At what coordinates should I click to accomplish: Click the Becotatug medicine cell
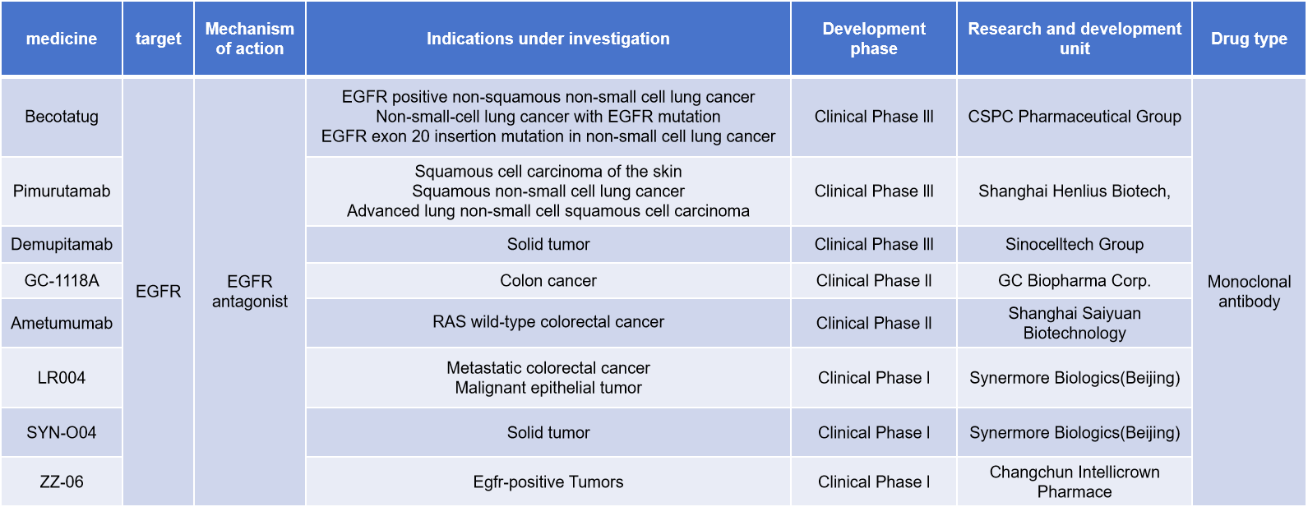pos(62,117)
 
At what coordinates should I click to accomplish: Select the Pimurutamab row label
pos(62,191)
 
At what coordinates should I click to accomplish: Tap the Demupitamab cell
pos(62,244)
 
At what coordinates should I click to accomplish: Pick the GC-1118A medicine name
pos(62,280)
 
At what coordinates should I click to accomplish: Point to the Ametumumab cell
pos(62,323)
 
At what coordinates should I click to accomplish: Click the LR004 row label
pos(62,378)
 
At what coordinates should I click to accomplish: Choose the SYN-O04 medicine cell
pos(62,432)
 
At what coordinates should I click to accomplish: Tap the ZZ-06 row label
pos(62,481)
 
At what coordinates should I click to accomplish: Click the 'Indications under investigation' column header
pos(548,39)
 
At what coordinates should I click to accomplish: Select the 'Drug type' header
pos(1249,39)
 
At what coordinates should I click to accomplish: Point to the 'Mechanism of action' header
pos(249,39)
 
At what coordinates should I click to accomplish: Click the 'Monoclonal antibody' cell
pos(1249,292)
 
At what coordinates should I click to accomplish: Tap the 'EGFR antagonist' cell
pos(249,292)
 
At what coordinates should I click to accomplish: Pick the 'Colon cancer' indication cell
pos(548,280)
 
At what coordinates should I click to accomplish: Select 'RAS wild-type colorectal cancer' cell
pos(548,322)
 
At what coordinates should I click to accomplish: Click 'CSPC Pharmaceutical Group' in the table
pos(1074,117)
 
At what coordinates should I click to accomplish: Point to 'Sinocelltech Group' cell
pos(1074,244)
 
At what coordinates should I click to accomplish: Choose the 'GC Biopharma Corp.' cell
pos(1074,280)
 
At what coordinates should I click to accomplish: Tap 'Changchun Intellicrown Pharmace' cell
pos(1074,481)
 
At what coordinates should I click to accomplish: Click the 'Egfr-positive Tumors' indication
pos(548,481)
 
